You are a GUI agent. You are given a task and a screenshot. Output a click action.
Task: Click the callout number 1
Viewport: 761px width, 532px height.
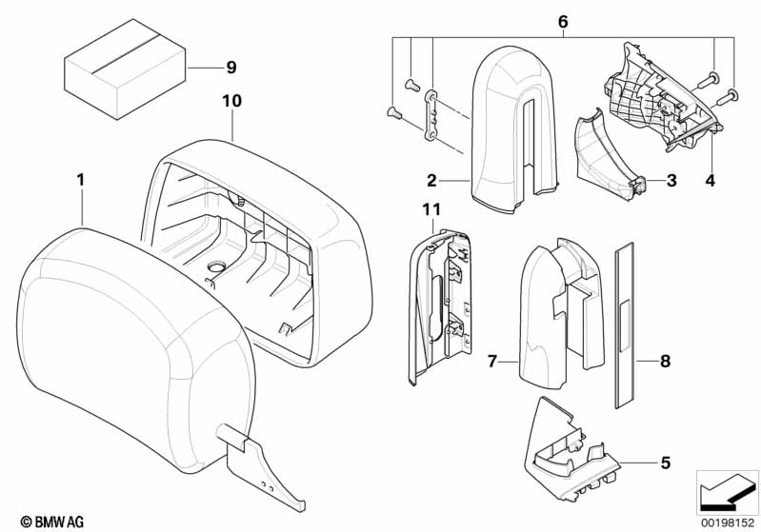tap(81, 178)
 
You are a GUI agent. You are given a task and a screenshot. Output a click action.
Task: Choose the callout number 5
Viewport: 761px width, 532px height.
tap(664, 463)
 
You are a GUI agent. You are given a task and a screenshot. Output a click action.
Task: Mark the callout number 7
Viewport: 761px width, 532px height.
tap(492, 362)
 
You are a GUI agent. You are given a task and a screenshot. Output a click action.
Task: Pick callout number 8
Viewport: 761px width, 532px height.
tap(664, 362)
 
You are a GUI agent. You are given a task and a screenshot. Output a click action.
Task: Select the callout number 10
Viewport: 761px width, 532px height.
tap(232, 100)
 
